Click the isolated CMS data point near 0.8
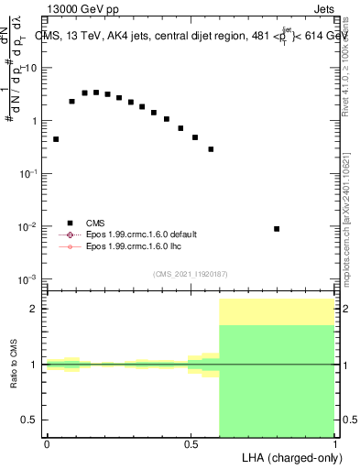pyautogui.click(x=277, y=229)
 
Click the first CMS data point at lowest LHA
pyautogui.click(x=56, y=139)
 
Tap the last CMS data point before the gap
pyautogui.click(x=211, y=149)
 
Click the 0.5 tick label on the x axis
pyautogui.click(x=191, y=444)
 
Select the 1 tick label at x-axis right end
pyautogui.click(x=335, y=444)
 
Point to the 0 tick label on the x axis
pyautogui.click(x=47, y=444)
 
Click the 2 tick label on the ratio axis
pyautogui.click(x=33, y=309)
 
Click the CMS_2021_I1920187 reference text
pyautogui.click(x=191, y=274)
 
